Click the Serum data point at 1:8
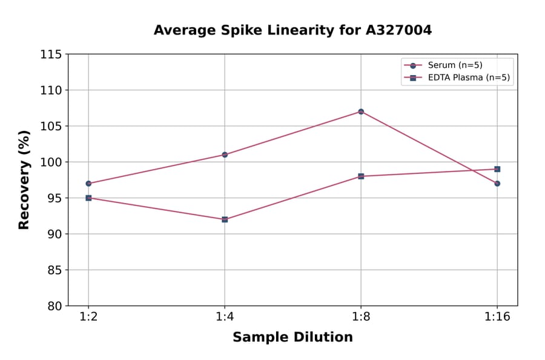[x=361, y=112]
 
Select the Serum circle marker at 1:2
[x=88, y=183]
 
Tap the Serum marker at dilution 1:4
[x=225, y=155]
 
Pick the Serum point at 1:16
[x=497, y=183]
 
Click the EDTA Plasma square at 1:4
[x=225, y=219]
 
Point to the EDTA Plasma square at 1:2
[x=88, y=198]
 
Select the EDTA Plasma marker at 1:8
[x=361, y=176]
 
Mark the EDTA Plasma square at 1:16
[x=497, y=169]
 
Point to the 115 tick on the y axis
[x=51, y=55]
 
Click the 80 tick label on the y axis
[x=54, y=306]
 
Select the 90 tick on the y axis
[x=54, y=234]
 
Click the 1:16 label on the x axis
[x=497, y=318]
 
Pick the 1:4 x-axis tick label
[x=225, y=318]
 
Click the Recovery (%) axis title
[x=24, y=180]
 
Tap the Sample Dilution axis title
[x=292, y=338]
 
